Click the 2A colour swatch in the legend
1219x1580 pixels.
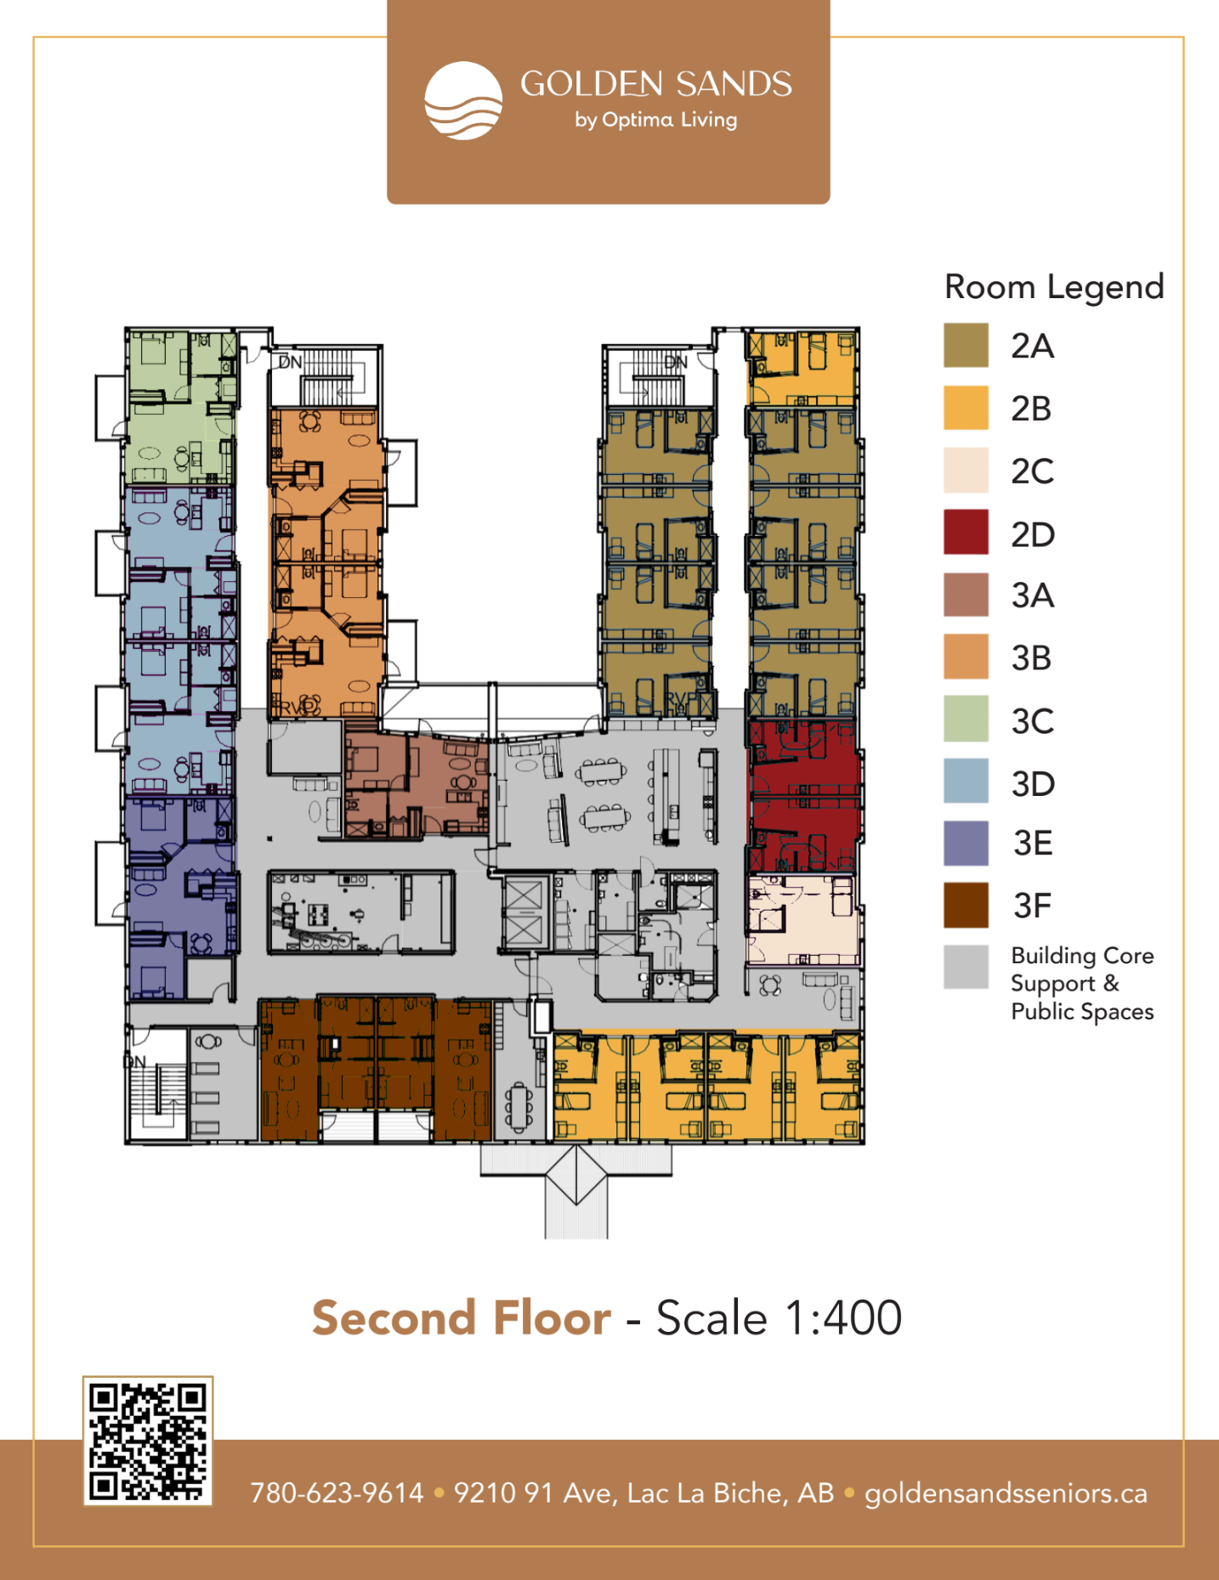966,345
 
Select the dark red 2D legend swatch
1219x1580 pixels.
966,532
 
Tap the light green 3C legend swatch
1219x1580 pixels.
966,719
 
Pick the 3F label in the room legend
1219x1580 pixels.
1033,906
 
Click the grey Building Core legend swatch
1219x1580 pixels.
966,968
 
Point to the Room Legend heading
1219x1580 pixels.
1054,288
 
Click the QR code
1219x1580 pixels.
148,1441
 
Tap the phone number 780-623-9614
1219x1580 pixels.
337,1493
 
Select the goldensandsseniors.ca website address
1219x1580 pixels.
1006,1493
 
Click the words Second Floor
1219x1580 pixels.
462,1318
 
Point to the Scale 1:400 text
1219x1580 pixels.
779,1318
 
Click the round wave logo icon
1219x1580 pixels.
463,100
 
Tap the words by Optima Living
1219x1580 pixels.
655,120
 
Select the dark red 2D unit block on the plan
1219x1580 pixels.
804,796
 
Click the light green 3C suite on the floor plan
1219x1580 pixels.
180,407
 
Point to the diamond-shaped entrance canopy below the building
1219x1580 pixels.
576,1175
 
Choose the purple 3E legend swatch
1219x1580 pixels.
966,843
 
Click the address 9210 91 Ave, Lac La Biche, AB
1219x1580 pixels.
644,1493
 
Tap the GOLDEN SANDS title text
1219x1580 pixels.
656,84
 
